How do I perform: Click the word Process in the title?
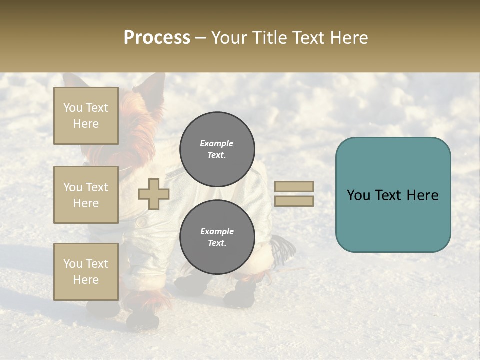click(x=157, y=38)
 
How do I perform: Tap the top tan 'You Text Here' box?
click(x=86, y=116)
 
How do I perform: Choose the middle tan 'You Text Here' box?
click(x=86, y=195)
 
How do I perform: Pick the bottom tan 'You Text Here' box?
click(x=86, y=272)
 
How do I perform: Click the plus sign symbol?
click(x=154, y=194)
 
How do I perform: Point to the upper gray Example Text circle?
click(x=217, y=149)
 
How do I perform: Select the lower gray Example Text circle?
click(x=217, y=237)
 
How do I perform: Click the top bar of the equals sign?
click(x=294, y=186)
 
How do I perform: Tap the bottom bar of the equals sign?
click(x=294, y=201)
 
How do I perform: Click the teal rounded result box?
click(x=393, y=195)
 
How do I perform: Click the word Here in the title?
click(x=349, y=38)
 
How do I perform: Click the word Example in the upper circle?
click(x=216, y=143)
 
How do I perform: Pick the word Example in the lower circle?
click(x=217, y=231)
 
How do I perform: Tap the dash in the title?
click(x=200, y=38)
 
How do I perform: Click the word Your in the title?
click(x=230, y=38)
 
